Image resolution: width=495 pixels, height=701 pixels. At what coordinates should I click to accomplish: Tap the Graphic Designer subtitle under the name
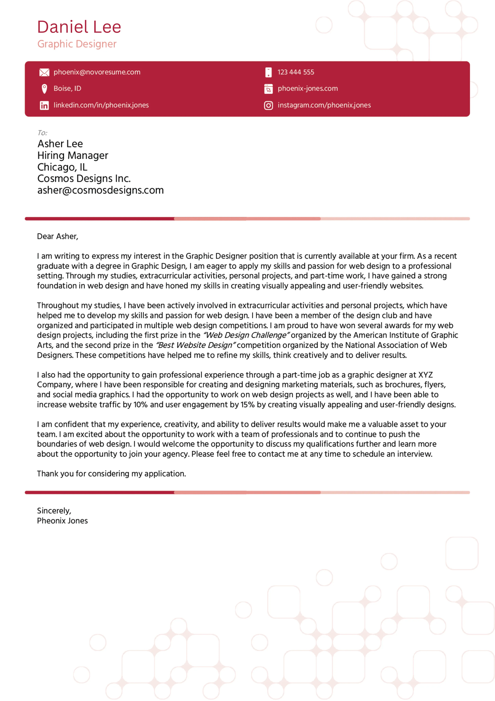[x=77, y=44]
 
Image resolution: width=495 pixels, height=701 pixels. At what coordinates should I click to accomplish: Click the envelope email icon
[x=44, y=72]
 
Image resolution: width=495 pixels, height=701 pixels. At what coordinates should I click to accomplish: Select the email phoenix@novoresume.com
[x=97, y=72]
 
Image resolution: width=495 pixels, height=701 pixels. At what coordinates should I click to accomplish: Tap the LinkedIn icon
[x=44, y=105]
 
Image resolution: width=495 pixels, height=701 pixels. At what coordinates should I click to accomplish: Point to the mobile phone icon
[x=268, y=72]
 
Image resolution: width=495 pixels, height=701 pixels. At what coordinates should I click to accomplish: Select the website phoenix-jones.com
[x=307, y=88]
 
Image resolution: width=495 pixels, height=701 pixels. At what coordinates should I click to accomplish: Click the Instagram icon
[x=268, y=105]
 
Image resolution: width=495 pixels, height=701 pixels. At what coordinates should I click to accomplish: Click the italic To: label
[x=42, y=133]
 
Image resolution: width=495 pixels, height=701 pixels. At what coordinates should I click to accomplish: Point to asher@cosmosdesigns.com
[x=100, y=190]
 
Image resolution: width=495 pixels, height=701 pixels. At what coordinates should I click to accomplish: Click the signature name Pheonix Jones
[x=62, y=521]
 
